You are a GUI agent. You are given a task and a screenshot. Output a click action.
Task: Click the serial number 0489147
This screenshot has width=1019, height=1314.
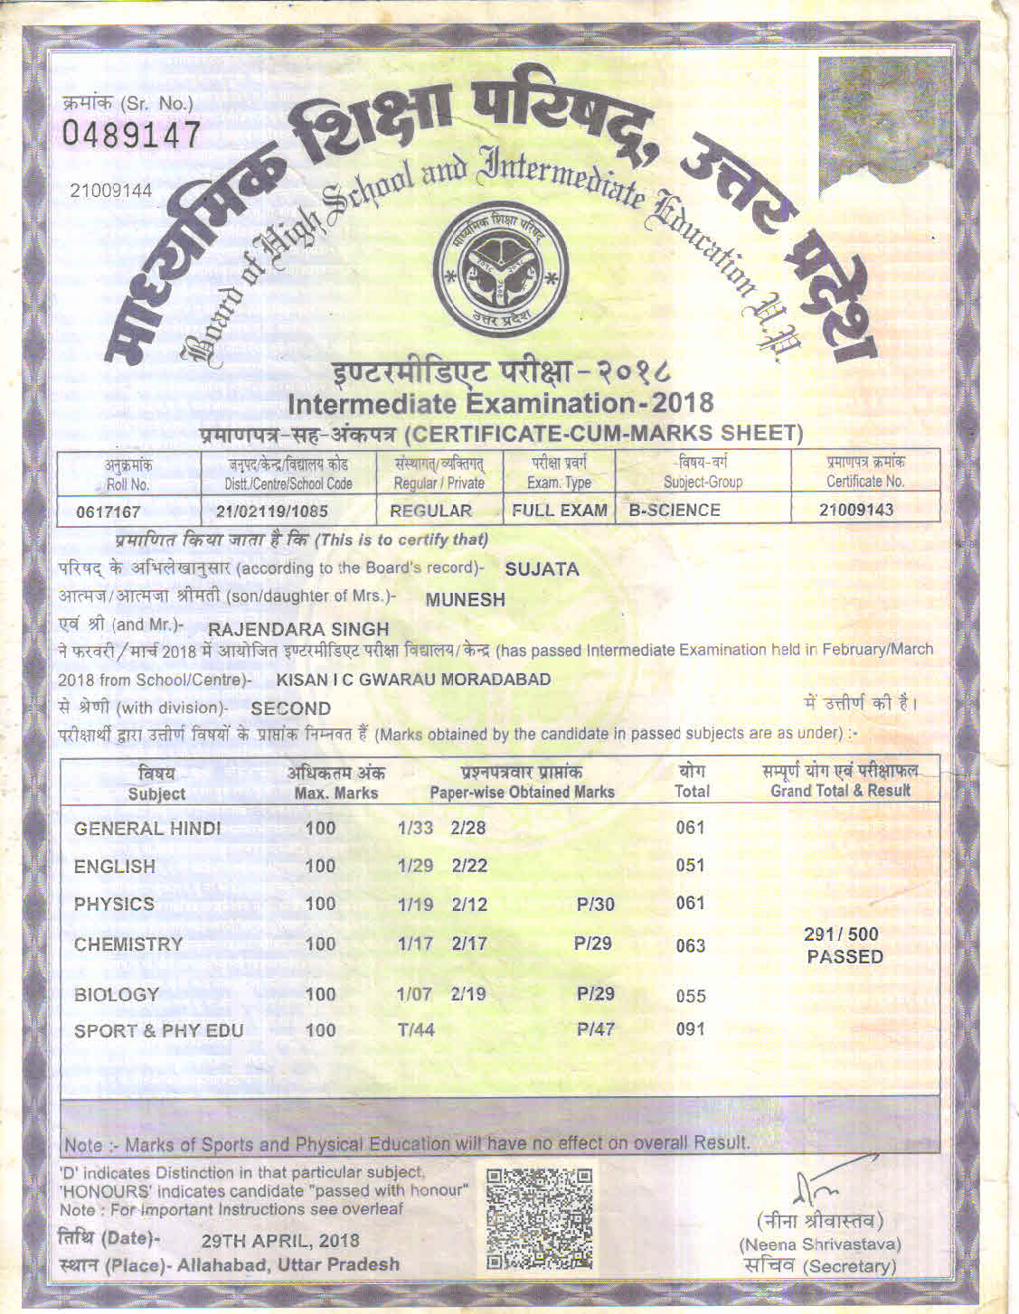pos(132,136)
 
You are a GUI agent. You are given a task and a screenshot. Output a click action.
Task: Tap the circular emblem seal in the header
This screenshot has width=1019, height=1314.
pos(500,268)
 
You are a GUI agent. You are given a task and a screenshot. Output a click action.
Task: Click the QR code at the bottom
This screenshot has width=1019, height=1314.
pos(540,1217)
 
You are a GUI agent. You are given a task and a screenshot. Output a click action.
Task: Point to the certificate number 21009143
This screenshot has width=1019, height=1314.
pos(855,510)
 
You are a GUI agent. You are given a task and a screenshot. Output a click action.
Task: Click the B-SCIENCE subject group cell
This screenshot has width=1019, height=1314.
pos(675,510)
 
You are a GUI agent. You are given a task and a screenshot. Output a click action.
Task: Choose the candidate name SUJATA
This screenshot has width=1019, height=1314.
pos(542,569)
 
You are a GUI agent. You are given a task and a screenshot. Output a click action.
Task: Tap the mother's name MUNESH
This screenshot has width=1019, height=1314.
pos(465,599)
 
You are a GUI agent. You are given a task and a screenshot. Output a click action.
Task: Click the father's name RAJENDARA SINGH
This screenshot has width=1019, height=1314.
pos(298,629)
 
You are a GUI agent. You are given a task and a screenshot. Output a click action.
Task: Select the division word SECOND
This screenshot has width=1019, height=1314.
pos(290,709)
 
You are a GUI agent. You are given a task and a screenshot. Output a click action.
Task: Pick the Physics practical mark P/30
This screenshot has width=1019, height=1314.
pos(595,904)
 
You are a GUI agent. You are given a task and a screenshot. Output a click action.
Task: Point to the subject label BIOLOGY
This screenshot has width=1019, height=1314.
pos(116,995)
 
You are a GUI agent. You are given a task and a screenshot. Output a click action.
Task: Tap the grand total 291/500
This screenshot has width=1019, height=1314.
pos(841,934)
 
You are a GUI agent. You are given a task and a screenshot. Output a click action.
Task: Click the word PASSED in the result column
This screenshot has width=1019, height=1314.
pos(844,957)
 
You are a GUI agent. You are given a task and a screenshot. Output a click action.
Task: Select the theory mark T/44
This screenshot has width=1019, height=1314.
pos(416,1029)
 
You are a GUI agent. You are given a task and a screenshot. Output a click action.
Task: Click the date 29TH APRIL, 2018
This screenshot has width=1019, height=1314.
pos(279,1241)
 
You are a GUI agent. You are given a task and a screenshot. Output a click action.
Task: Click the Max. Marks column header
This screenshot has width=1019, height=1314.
pos(336,783)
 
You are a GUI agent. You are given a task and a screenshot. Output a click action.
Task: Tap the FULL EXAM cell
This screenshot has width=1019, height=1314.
pos(559,511)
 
